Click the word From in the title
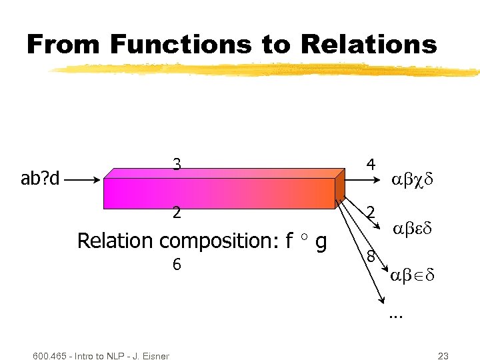tap(64, 45)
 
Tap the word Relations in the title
tap(369, 45)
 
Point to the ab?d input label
tap(41, 179)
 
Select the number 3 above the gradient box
tap(176, 164)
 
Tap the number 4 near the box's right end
tap(371, 164)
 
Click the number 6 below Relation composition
tap(176, 265)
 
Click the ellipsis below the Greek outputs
tap(396, 315)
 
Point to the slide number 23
tap(442, 356)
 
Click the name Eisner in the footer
tap(155, 356)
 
